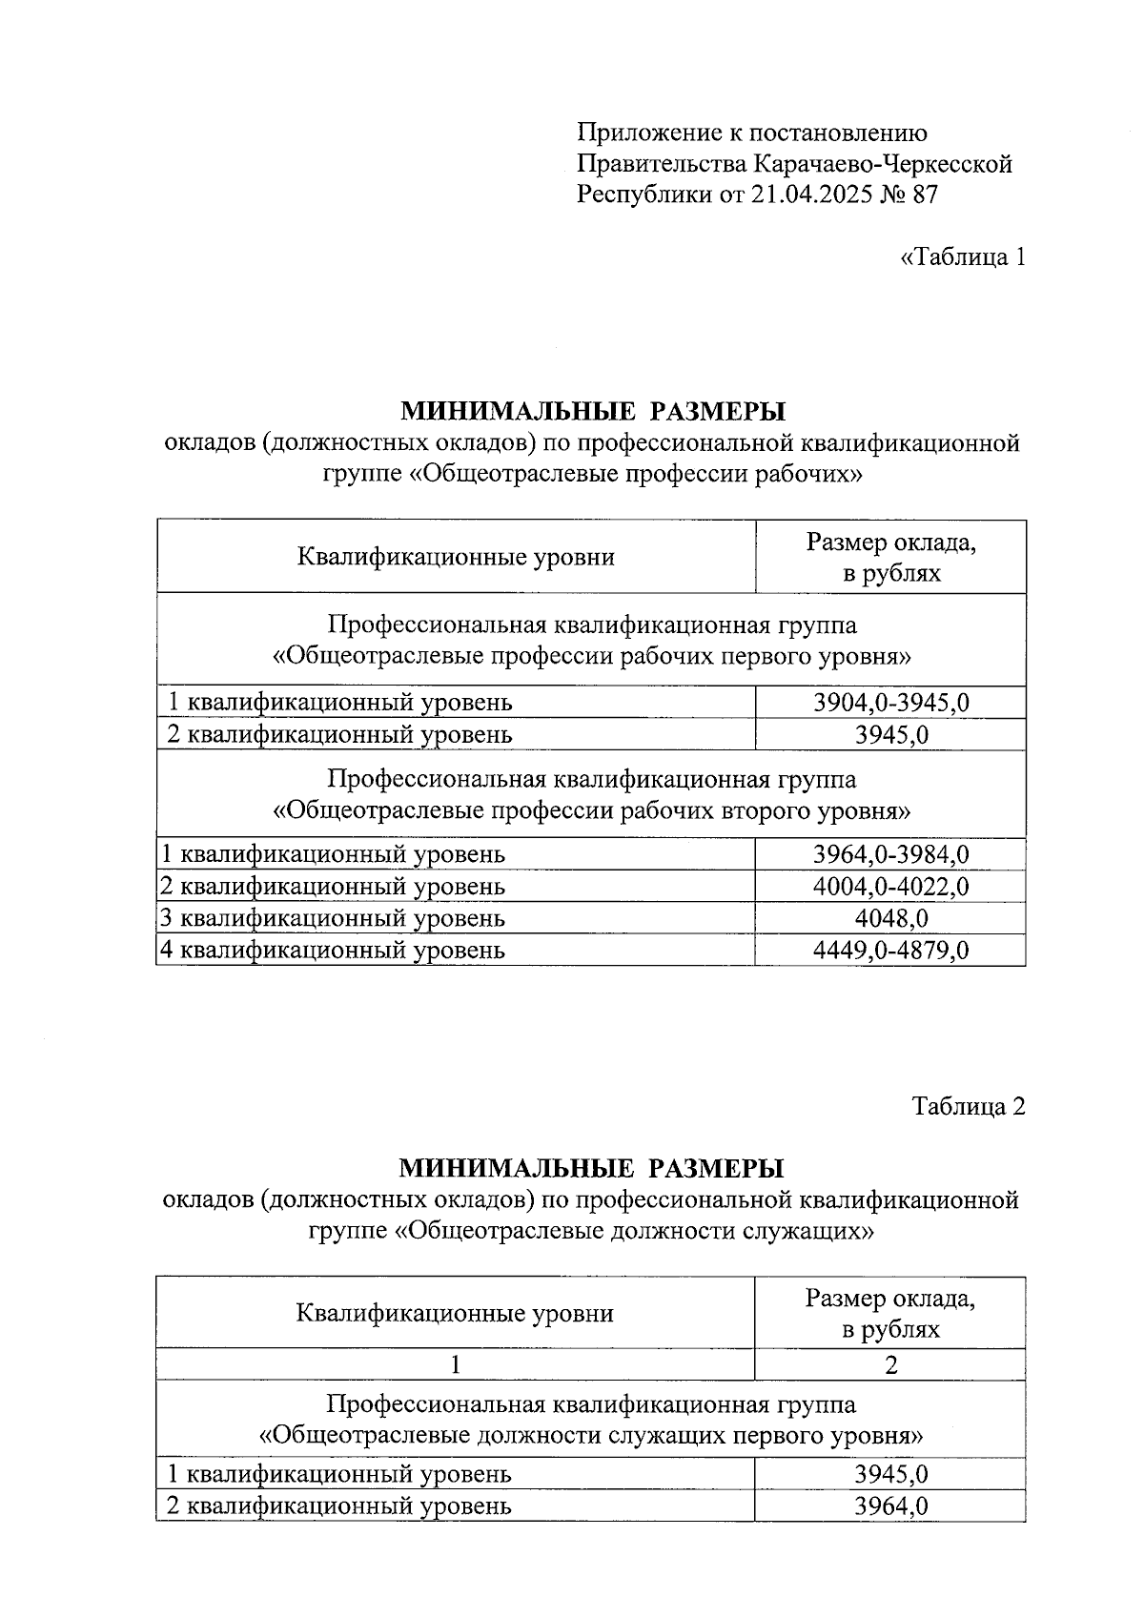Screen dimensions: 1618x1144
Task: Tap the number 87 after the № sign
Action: pyautogui.click(x=924, y=195)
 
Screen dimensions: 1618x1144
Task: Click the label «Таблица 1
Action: pyautogui.click(x=963, y=257)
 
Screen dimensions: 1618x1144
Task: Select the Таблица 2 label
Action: pyautogui.click(x=969, y=1106)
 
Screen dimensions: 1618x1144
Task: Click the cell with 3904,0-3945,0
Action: pyautogui.click(x=890, y=703)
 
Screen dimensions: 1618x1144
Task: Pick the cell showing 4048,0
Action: pyautogui.click(x=890, y=918)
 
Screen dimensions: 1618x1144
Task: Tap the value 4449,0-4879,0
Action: pyautogui.click(x=890, y=950)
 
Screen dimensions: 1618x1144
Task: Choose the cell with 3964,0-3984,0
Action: pyautogui.click(x=890, y=853)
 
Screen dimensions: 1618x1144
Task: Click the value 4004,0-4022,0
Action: pyautogui.click(x=890, y=886)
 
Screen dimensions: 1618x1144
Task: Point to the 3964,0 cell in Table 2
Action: pyautogui.click(x=890, y=1505)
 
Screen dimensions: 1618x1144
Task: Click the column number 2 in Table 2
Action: pyautogui.click(x=890, y=1364)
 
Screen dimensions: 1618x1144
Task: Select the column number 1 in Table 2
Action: pyautogui.click(x=456, y=1364)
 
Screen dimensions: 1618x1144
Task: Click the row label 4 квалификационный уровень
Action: pyautogui.click(x=332, y=950)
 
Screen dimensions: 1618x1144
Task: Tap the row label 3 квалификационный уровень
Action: pyautogui.click(x=332, y=918)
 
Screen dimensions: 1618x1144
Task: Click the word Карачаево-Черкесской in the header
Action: pyautogui.click(x=883, y=164)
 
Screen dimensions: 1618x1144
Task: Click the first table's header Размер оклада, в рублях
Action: pyautogui.click(x=890, y=558)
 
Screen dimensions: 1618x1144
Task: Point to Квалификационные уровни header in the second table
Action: pyautogui.click(x=455, y=1314)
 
